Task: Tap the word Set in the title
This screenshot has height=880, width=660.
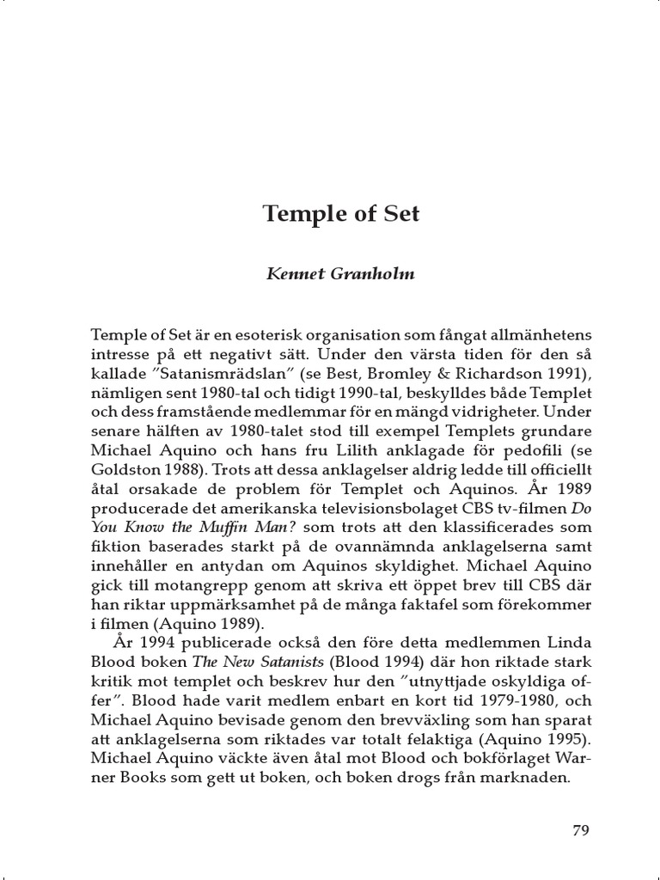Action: tap(401, 214)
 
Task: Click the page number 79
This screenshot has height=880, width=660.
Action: tap(580, 830)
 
